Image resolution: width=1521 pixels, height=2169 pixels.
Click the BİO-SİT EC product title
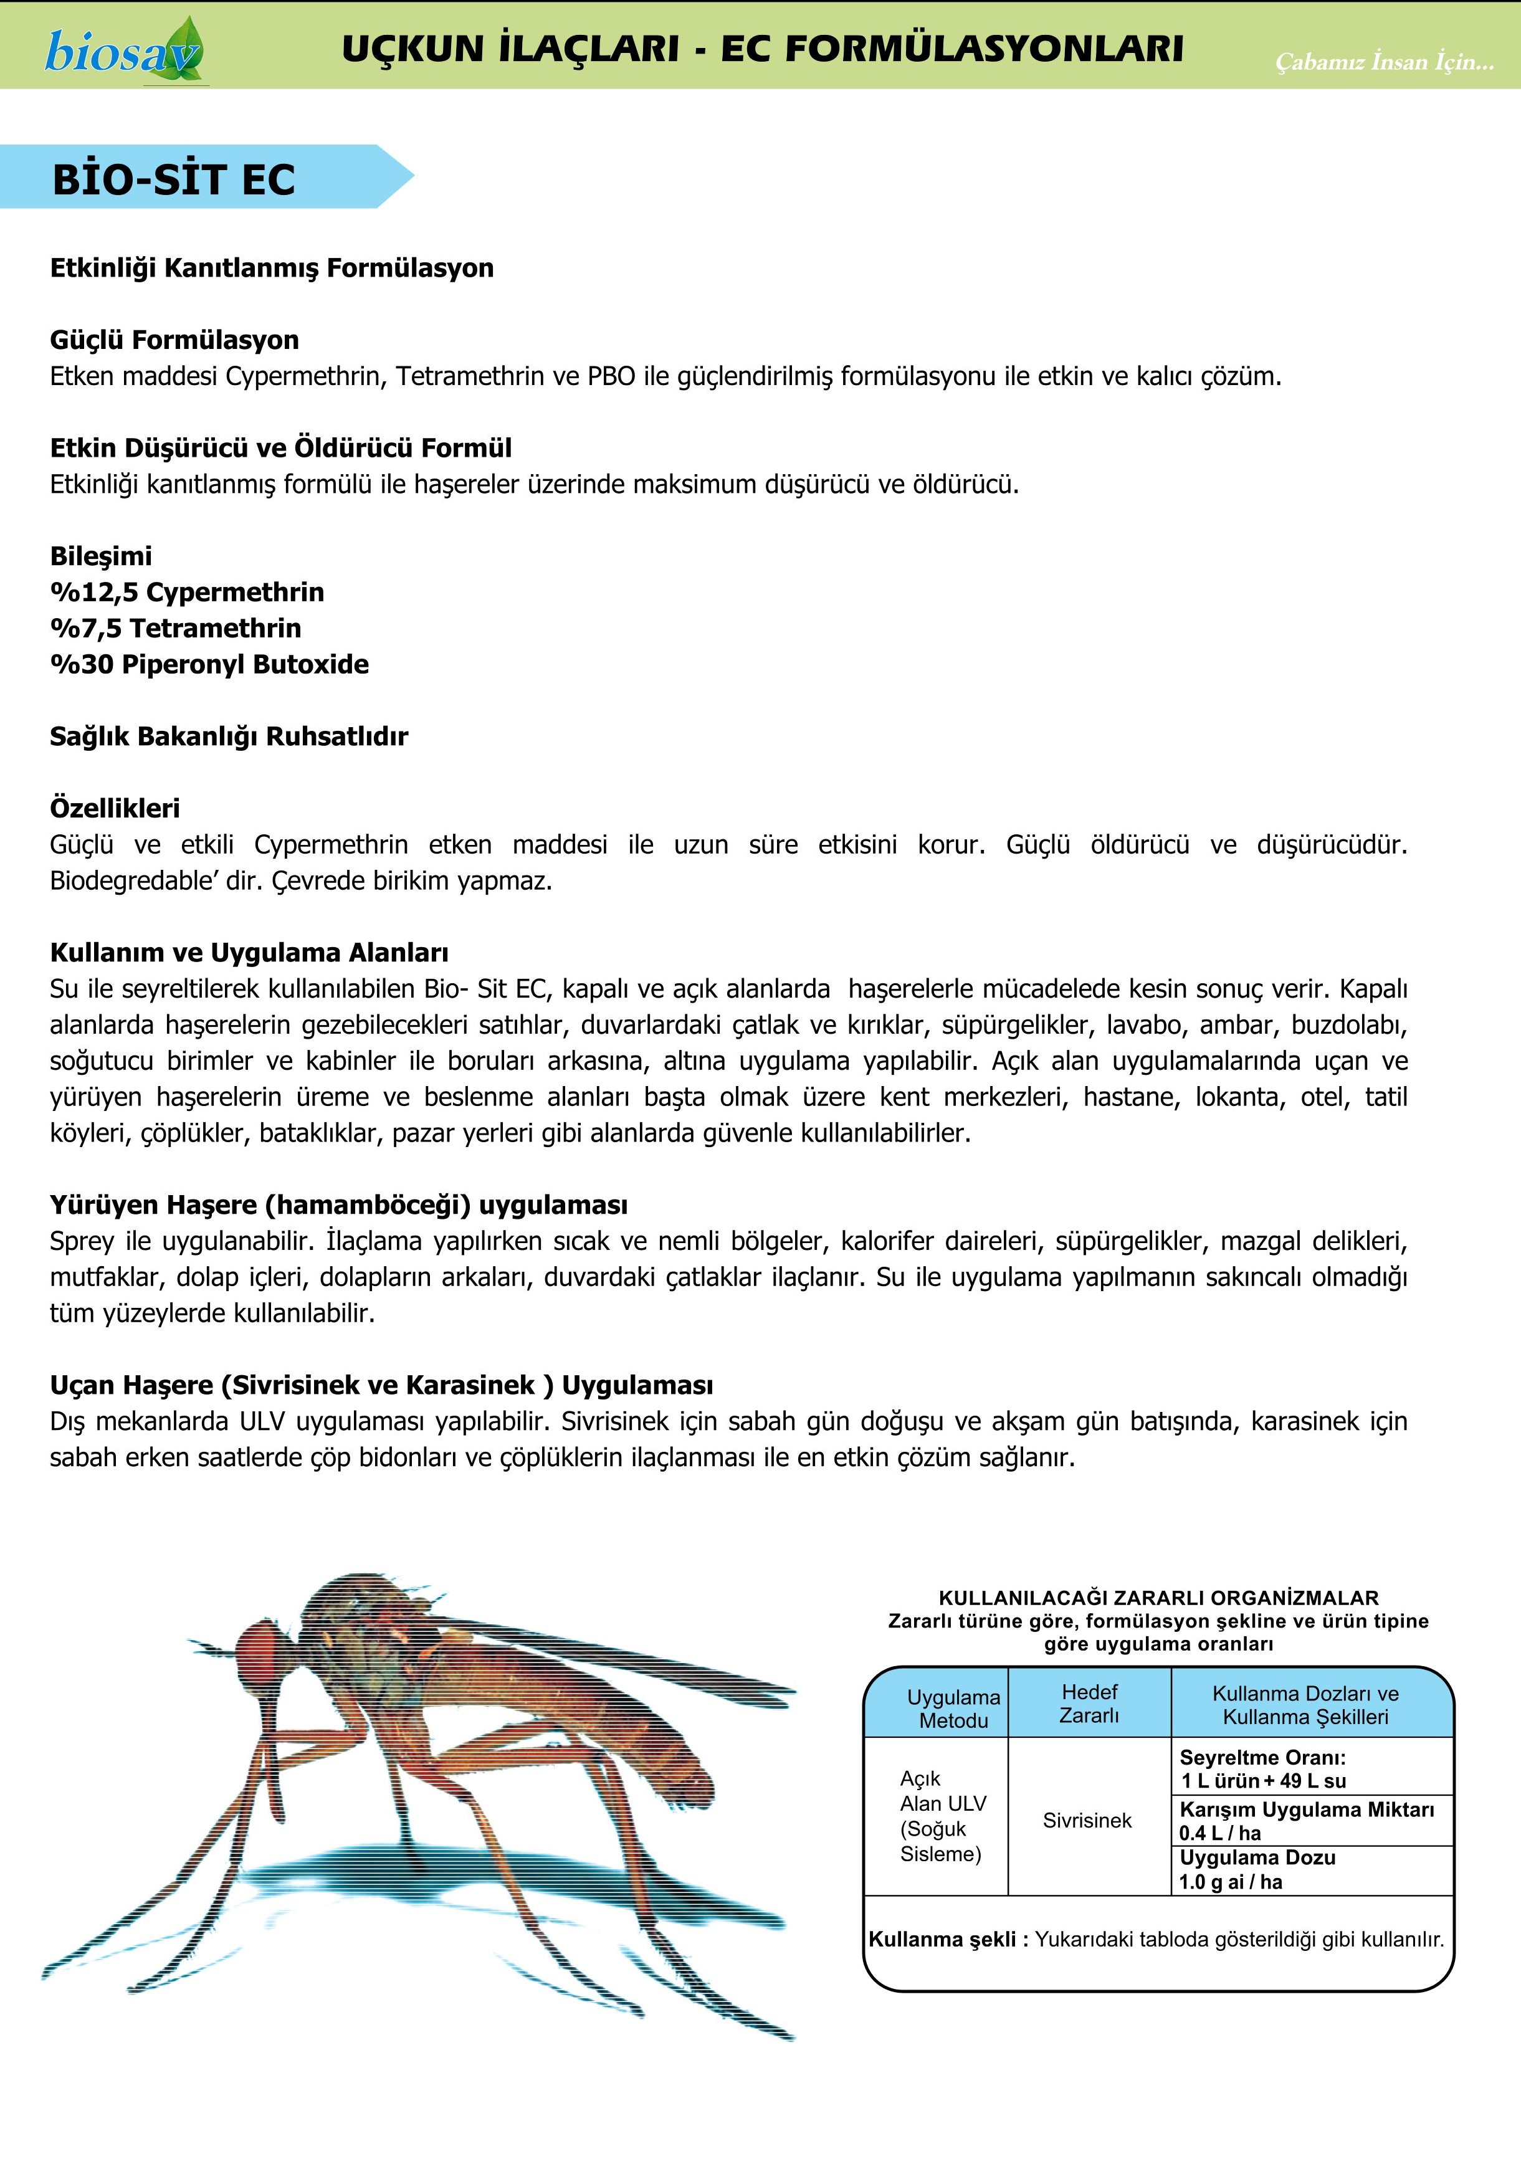174,179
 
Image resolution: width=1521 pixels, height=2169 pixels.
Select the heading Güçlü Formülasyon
174,340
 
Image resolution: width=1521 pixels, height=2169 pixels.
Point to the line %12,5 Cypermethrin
187,593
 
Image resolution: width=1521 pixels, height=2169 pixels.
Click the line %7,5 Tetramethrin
176,628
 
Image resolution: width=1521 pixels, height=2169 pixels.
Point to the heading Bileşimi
101,556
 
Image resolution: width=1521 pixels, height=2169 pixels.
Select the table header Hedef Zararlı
1089,1704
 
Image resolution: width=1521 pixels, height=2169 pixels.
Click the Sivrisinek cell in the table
1087,1821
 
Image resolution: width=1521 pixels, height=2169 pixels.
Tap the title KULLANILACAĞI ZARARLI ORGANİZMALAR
1158,1598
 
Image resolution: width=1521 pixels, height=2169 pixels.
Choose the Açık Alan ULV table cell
942,1816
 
